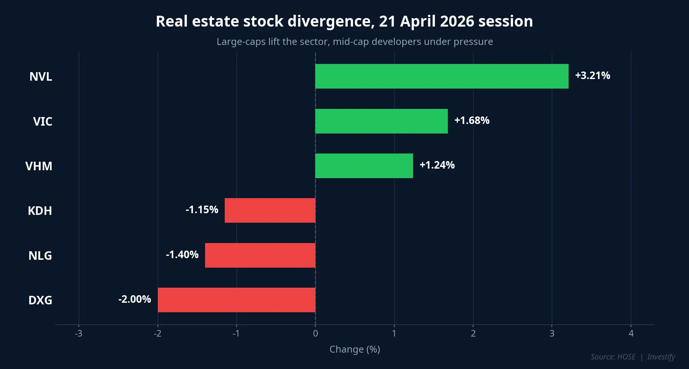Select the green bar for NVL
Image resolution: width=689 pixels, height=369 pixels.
pos(442,76)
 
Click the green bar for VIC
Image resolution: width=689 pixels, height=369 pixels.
pos(381,121)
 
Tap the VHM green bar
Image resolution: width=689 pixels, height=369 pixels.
pos(364,166)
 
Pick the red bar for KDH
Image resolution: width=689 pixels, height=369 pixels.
pos(270,210)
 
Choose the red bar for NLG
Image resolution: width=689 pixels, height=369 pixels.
pos(260,255)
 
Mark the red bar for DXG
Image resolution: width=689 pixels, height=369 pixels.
pos(237,300)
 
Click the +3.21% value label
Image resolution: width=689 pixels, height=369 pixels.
pos(593,75)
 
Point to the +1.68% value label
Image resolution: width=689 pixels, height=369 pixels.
pos(472,120)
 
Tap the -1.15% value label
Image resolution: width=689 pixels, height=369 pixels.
pos(202,210)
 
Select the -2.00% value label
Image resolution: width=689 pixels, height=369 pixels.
pos(135,299)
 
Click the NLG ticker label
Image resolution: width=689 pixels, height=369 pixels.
pos(40,256)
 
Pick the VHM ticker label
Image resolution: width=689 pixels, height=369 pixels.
pos(39,166)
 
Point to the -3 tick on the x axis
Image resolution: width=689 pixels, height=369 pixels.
pos(78,334)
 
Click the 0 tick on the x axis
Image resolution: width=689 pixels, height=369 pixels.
pos(315,334)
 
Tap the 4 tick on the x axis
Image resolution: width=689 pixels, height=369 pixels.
pos(631,334)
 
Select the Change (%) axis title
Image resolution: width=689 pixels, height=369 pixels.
pos(355,349)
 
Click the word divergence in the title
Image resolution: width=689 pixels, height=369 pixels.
pos(329,22)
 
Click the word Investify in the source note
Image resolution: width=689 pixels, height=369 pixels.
pos(661,357)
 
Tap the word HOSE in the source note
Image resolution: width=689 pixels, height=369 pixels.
pos(626,357)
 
